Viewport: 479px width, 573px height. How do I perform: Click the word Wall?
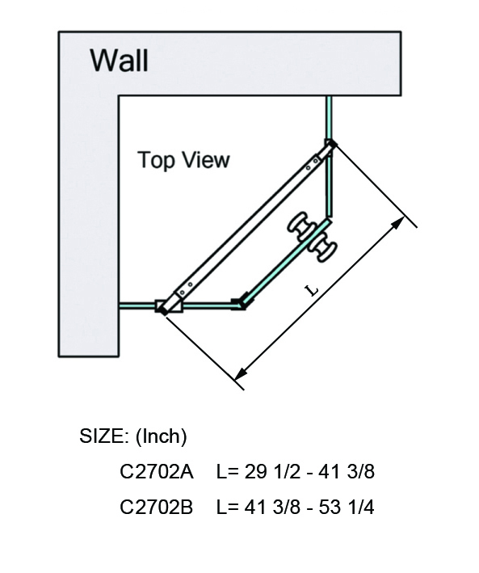(x=119, y=60)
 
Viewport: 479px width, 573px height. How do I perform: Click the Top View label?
(x=183, y=160)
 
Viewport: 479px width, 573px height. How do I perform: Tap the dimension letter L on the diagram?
(x=311, y=290)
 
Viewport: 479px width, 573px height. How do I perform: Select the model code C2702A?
(x=157, y=471)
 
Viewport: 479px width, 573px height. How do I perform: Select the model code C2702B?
(x=157, y=508)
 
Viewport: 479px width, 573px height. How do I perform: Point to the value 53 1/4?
(x=347, y=508)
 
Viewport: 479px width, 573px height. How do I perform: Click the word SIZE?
(x=104, y=436)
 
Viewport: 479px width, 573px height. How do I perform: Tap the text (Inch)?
(x=161, y=436)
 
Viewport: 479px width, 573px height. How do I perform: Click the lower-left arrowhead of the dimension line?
(x=240, y=374)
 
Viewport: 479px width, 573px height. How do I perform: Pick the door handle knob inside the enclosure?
(x=300, y=225)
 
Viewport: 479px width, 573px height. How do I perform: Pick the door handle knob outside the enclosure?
(x=323, y=249)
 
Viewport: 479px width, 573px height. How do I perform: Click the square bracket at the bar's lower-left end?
(x=169, y=306)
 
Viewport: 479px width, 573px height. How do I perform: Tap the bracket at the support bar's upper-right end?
(x=330, y=145)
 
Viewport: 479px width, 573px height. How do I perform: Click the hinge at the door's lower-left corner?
(x=240, y=302)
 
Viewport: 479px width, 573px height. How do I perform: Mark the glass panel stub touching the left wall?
(x=137, y=305)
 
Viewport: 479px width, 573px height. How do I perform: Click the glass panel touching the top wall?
(x=329, y=118)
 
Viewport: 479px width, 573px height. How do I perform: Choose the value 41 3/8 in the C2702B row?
(x=272, y=508)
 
